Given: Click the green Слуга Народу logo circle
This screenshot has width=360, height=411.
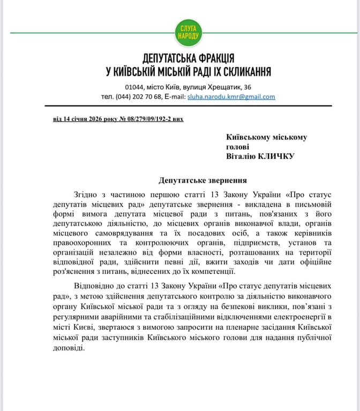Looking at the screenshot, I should click(188, 33).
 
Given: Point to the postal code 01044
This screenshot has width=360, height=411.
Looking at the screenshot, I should click(134, 87).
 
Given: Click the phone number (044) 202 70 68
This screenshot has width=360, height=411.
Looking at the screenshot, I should click(139, 97).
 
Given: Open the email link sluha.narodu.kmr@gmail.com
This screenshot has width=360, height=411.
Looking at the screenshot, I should click(231, 97).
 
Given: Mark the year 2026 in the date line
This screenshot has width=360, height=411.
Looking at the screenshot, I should click(86, 118).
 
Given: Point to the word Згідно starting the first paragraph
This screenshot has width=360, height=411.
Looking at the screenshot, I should click(86, 194).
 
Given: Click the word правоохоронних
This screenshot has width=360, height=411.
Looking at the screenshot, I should click(83, 242).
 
